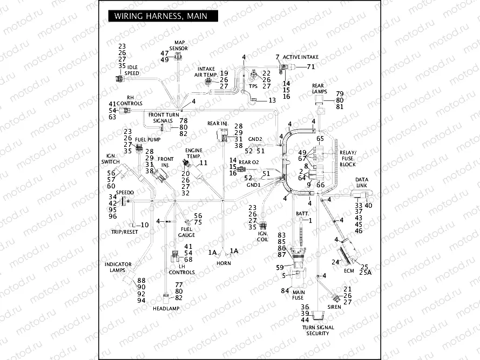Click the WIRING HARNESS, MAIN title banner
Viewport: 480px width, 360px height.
coord(161,16)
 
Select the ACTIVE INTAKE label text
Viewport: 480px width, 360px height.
coord(301,57)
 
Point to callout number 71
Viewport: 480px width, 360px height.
coord(310,67)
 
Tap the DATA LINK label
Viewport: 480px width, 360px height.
coord(362,182)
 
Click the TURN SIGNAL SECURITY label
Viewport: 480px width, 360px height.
coord(318,330)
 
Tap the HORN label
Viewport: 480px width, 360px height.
coord(224,263)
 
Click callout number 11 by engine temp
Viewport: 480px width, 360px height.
coord(204,162)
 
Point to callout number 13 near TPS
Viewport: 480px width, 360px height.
coord(272,100)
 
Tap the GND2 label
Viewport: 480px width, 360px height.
coord(255,139)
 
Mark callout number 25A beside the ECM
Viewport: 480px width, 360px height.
coord(367,274)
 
